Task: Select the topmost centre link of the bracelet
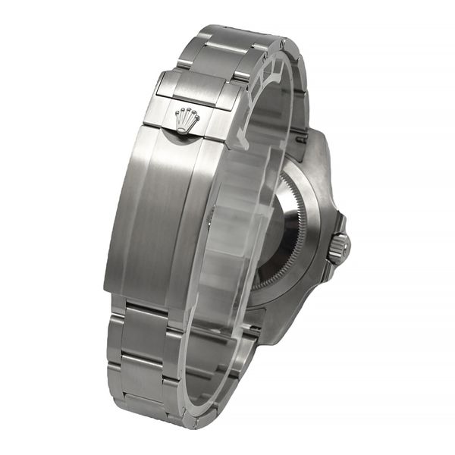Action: [x=227, y=38]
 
